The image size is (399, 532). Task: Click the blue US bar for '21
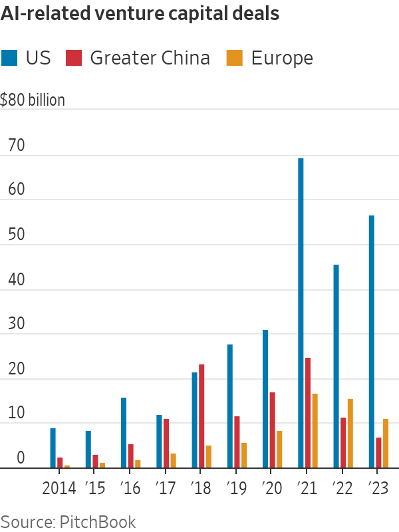pos(301,313)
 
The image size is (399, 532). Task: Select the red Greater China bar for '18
pos(201,416)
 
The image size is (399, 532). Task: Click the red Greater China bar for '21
pos(308,412)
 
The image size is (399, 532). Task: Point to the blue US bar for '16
pos(124,432)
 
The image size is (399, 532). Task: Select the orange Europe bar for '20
pos(279,449)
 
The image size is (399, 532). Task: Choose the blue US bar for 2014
pos(53,448)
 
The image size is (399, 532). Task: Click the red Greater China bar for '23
pos(378,452)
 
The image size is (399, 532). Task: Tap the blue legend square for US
pos(9,58)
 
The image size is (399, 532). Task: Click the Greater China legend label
pos(150,58)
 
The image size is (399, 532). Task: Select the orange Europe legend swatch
pos(234,58)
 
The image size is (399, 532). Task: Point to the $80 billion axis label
pos(33,100)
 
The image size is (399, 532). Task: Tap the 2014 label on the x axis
pos(60,489)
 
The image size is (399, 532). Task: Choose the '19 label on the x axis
pos(236,489)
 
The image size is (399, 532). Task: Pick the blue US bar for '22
pos(336,366)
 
